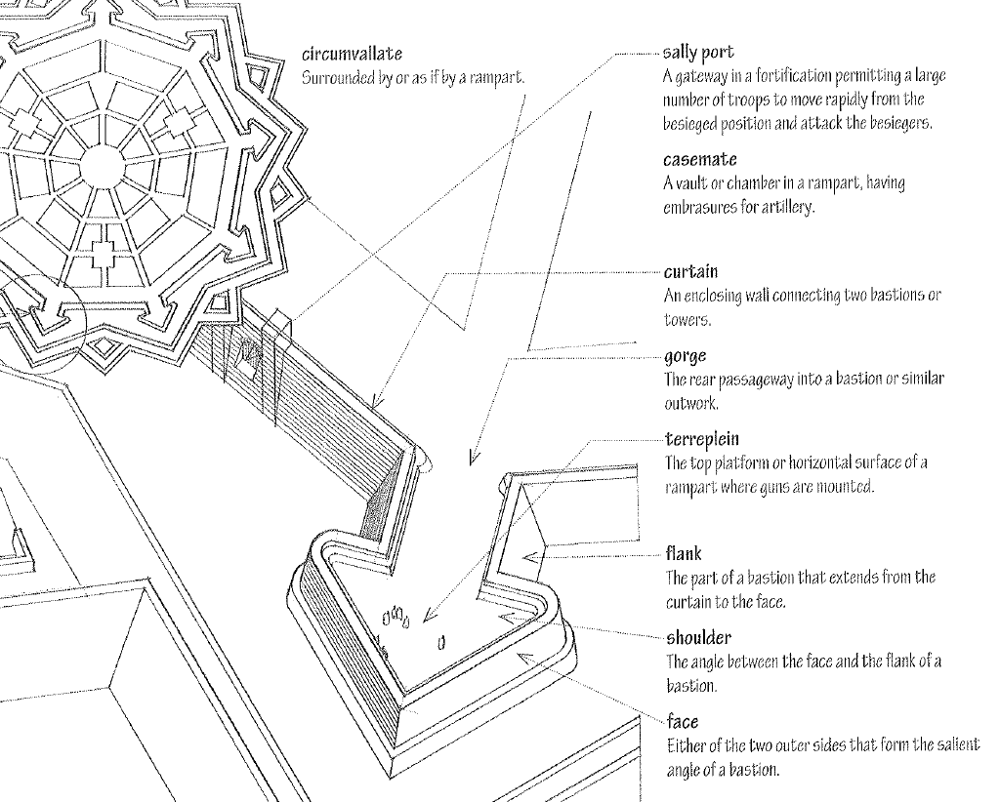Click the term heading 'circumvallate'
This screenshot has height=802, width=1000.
(x=353, y=54)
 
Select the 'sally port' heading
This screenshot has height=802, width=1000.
(x=698, y=52)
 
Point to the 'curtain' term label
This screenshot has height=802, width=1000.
(x=690, y=271)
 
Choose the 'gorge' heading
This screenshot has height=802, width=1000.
(x=685, y=356)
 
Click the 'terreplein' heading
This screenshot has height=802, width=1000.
(x=702, y=439)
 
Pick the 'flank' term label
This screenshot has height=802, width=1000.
(x=684, y=554)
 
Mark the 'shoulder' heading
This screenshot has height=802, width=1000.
(x=698, y=638)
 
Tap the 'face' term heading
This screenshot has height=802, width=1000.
(x=682, y=723)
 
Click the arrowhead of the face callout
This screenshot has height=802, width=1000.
(x=521, y=658)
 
